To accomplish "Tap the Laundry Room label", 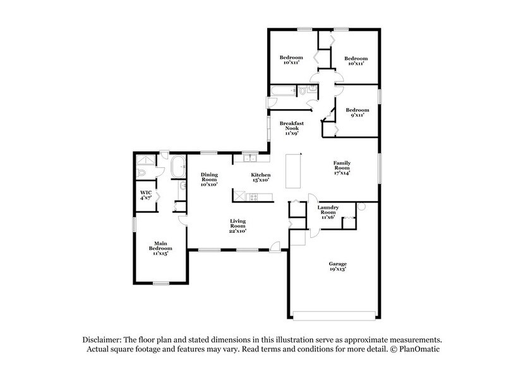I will click(x=328, y=210).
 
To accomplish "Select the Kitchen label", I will click(x=261, y=175).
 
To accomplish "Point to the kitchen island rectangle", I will click(x=292, y=170).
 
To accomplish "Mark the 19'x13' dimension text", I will click(x=337, y=269).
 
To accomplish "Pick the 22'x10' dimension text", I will click(x=237, y=232).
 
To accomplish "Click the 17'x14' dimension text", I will click(x=342, y=172).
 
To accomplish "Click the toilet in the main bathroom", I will click(x=143, y=172).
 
